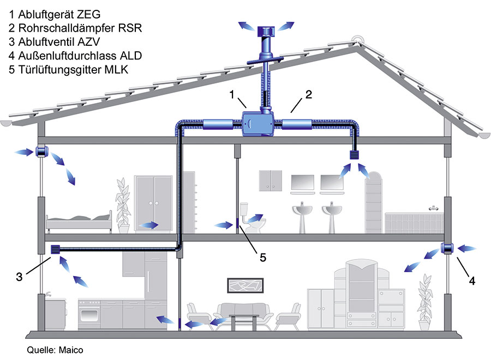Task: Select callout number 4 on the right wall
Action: (472, 281)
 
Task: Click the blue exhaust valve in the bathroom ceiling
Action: (355, 155)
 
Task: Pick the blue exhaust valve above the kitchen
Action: (55, 249)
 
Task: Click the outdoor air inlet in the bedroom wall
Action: (40, 152)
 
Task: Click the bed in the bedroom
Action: (79, 220)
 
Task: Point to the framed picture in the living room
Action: (245, 285)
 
